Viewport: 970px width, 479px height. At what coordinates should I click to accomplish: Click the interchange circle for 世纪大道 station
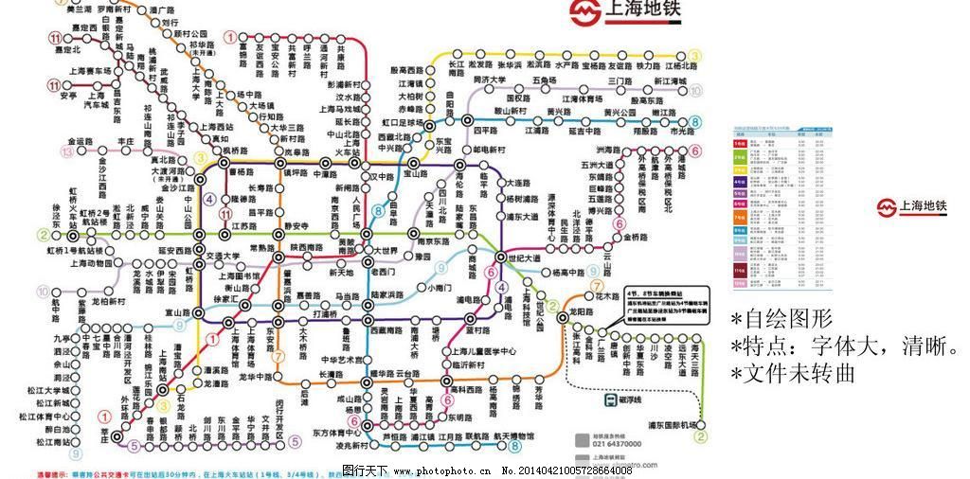[x=502, y=257]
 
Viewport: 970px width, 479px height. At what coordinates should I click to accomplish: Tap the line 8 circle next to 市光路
[x=695, y=122]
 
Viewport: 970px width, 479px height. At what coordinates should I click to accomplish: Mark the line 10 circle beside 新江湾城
[x=695, y=92]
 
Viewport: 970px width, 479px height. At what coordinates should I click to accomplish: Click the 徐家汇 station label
[x=225, y=298]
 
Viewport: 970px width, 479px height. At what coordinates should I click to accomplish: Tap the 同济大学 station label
[x=493, y=80]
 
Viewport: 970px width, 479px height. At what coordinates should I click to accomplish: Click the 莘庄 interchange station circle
[x=117, y=437]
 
